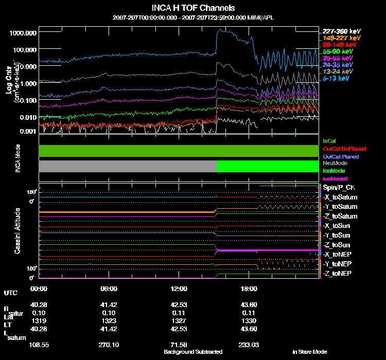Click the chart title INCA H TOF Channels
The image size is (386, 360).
pos(193,8)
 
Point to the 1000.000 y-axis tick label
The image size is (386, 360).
pos(23,32)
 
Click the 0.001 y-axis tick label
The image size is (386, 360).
pos(26,131)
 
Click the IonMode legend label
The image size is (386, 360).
pos(334,170)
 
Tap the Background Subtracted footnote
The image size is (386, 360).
pos(193,352)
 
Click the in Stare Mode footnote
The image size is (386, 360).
pos(310,352)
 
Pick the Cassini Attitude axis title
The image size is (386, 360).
pos(17,231)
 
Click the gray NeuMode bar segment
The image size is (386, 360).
pos(128,166)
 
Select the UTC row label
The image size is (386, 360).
pos(10,293)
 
